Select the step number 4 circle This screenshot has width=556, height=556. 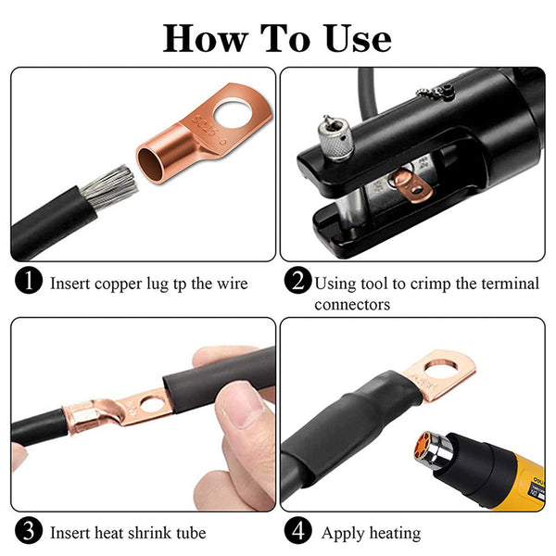pyautogui.click(x=298, y=532)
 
